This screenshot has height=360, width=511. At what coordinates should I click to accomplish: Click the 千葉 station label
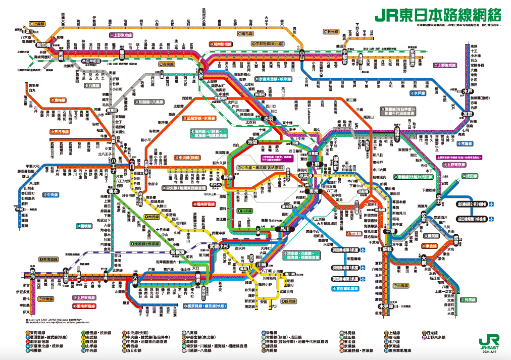click(390, 231)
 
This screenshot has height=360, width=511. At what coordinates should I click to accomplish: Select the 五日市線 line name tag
click(60, 132)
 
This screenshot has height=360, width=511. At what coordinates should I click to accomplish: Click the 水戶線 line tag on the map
click(419, 93)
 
